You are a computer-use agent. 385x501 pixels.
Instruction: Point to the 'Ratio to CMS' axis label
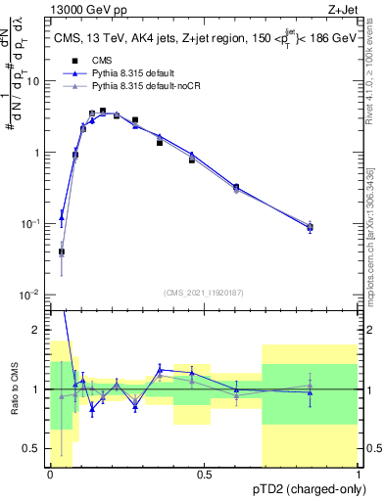(x=15, y=387)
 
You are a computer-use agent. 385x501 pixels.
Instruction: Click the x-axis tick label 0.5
(x=203, y=474)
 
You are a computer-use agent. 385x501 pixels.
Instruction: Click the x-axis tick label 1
(x=359, y=474)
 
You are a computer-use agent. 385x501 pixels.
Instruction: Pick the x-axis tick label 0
(x=50, y=474)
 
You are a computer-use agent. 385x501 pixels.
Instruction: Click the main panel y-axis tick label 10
(x=35, y=82)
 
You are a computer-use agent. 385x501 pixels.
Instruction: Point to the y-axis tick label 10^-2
(x=33, y=295)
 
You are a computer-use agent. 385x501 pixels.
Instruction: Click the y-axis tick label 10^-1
(x=33, y=224)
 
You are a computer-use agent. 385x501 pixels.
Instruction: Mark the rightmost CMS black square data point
(x=310, y=228)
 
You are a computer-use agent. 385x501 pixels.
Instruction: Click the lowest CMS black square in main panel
(x=62, y=251)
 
